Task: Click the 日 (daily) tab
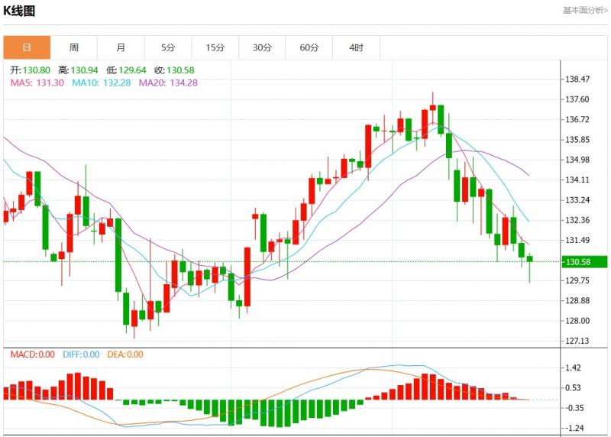[x=27, y=47]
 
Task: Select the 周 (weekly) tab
[x=74, y=47]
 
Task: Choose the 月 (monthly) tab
[x=121, y=47]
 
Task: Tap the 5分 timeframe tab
[x=168, y=47]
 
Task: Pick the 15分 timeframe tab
[x=215, y=47]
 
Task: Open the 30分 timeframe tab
[x=262, y=47]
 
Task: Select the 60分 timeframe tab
[x=309, y=47]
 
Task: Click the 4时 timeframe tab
[x=357, y=47]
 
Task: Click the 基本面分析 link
[x=585, y=11]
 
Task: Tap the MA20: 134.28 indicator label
[x=168, y=83]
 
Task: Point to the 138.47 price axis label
[x=577, y=79]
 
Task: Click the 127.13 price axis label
[x=577, y=341]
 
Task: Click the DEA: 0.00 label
[x=124, y=354]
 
